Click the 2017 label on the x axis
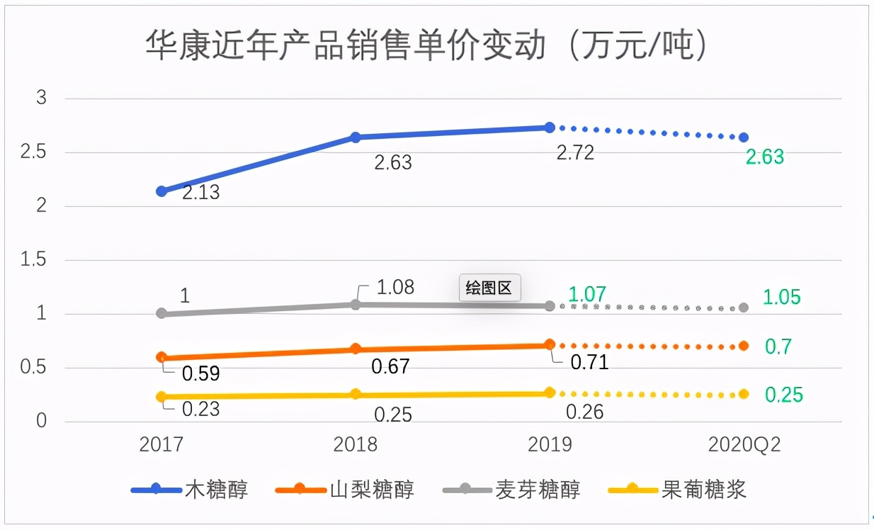tap(161, 444)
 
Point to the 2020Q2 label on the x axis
tap(744, 444)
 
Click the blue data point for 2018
tap(356, 137)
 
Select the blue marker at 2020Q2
tap(744, 137)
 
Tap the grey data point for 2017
tap(161, 313)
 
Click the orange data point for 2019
tap(550, 344)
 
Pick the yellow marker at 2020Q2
tap(744, 394)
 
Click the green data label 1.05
tap(781, 297)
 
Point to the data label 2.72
tap(575, 153)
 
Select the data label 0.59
tap(200, 373)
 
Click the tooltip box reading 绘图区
tap(489, 288)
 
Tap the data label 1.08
tap(395, 288)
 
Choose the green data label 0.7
tap(778, 346)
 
